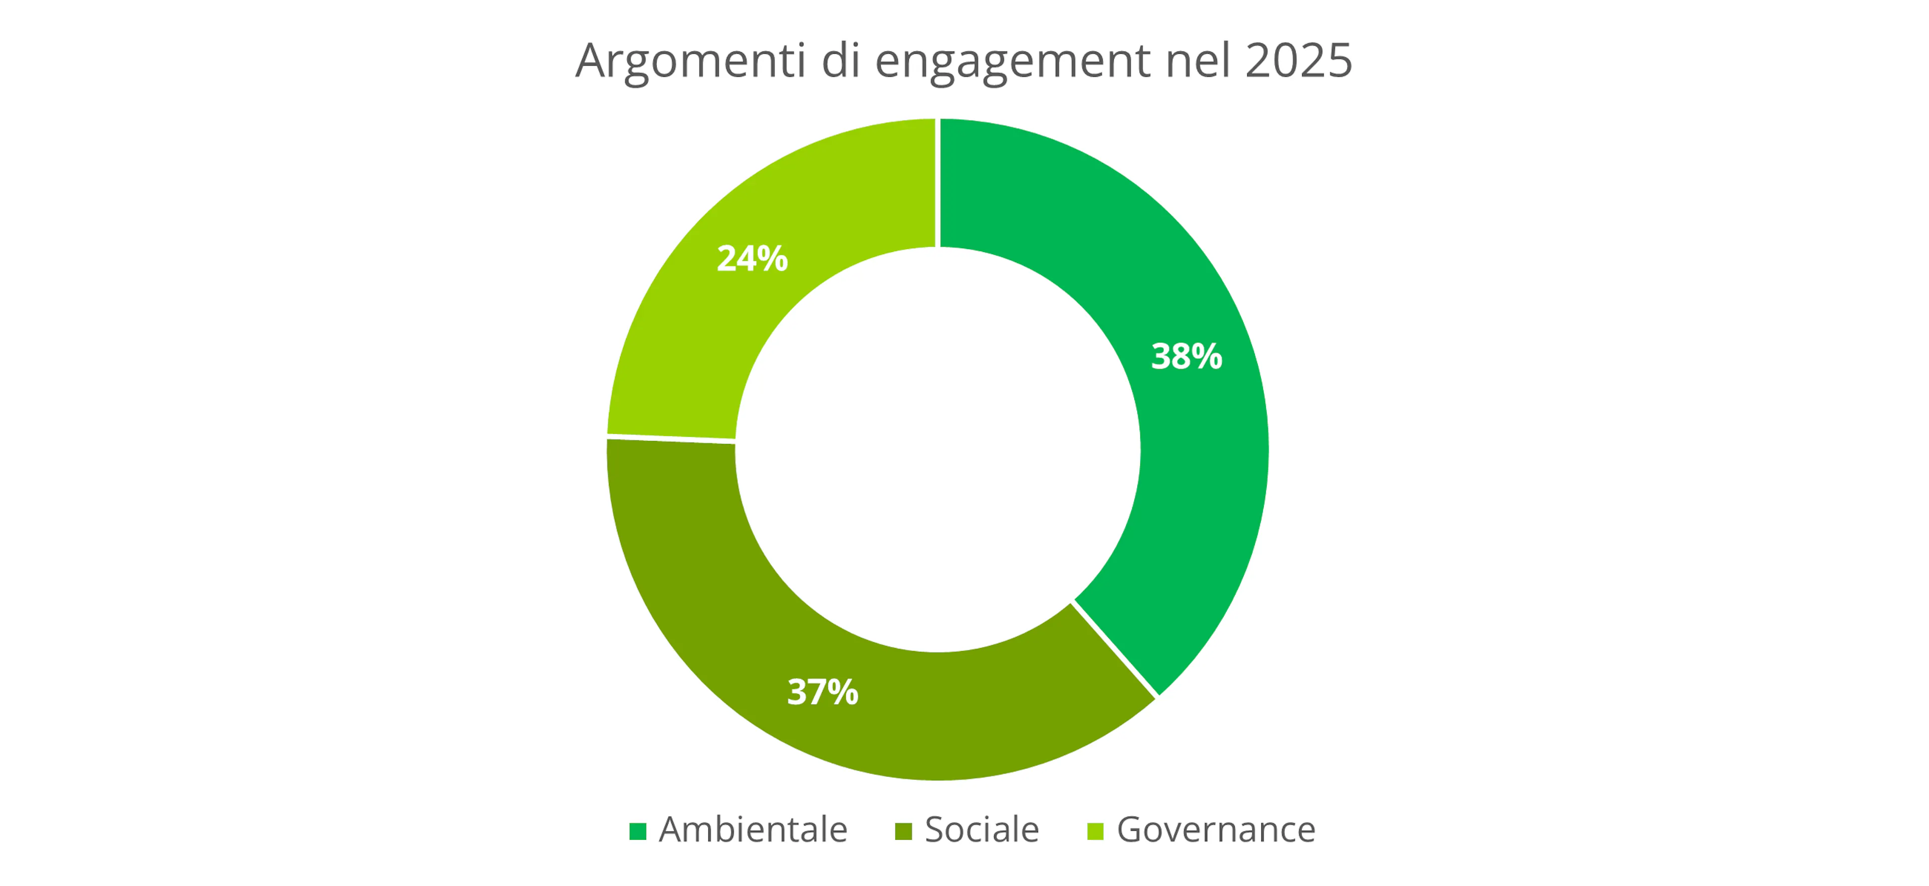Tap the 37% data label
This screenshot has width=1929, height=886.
822,692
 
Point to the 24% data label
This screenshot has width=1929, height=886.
752,258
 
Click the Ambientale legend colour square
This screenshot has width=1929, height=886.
637,831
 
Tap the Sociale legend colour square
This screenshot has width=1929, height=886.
903,831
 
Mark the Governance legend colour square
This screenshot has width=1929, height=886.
1095,831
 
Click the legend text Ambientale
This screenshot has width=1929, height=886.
753,830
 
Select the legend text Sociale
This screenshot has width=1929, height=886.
982,830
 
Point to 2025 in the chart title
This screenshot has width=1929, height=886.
1299,60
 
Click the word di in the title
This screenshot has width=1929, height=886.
841,60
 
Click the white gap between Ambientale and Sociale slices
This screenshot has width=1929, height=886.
1115,648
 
